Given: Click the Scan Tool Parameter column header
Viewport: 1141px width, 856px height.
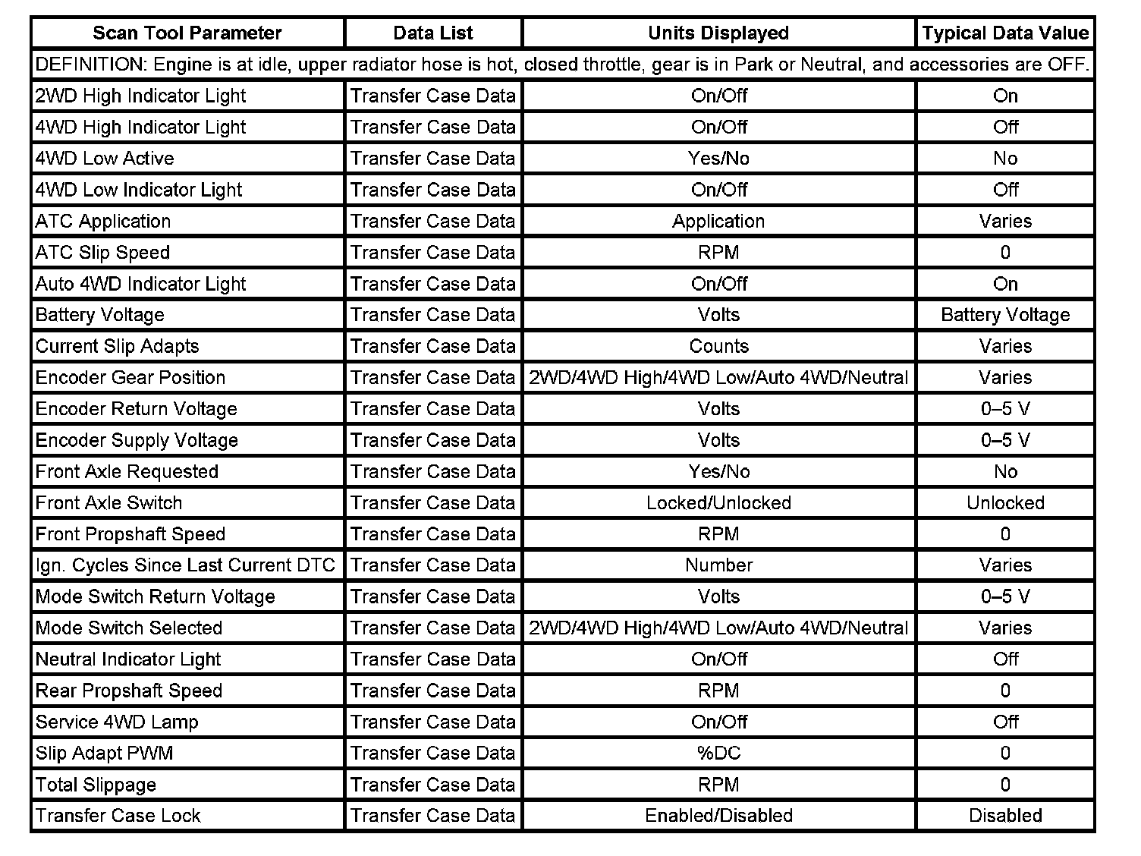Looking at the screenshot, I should click(187, 33).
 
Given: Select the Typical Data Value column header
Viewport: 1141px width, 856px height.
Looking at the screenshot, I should click(1005, 33).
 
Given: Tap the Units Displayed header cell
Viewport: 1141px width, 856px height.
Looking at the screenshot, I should click(718, 33).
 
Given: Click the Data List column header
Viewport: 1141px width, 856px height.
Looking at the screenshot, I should click(433, 33).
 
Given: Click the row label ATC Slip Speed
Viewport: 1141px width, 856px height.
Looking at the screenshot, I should click(102, 253).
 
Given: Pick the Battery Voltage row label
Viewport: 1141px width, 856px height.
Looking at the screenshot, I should click(99, 315).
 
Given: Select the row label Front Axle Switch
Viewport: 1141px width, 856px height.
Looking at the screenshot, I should click(108, 503).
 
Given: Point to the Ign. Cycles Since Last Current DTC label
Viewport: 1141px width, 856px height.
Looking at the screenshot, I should click(185, 565).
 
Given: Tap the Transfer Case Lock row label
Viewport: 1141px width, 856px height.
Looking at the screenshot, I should click(118, 816).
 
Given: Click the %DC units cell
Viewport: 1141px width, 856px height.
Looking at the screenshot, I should click(718, 754).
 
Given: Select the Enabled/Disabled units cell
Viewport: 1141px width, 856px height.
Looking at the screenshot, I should click(718, 816).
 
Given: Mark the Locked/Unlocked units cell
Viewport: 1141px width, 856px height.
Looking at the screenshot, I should click(718, 503).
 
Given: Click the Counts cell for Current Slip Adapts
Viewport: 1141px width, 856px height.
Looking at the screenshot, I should click(718, 347).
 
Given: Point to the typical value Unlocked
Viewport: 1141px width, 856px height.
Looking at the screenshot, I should click(1005, 503).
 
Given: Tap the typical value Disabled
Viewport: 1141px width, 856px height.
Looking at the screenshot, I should click(1005, 816).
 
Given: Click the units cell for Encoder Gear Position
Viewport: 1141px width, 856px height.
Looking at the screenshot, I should click(718, 378).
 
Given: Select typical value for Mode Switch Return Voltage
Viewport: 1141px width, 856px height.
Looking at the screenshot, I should click(1005, 597).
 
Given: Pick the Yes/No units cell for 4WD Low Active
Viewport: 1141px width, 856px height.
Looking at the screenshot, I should click(718, 159).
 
